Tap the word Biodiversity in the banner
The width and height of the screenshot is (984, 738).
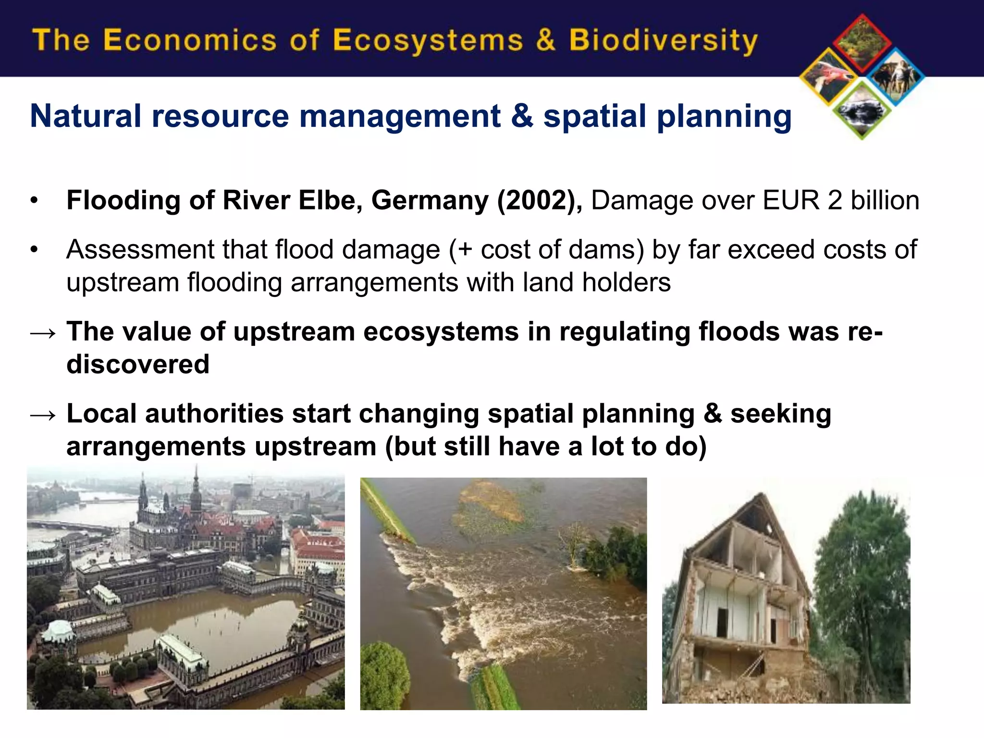tap(663, 41)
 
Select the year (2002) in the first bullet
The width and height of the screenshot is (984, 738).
tap(540, 200)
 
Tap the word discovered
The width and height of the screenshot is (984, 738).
tap(138, 364)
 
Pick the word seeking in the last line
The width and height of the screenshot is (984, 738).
tap(781, 414)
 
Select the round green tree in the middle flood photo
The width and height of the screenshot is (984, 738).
tap(384, 673)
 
